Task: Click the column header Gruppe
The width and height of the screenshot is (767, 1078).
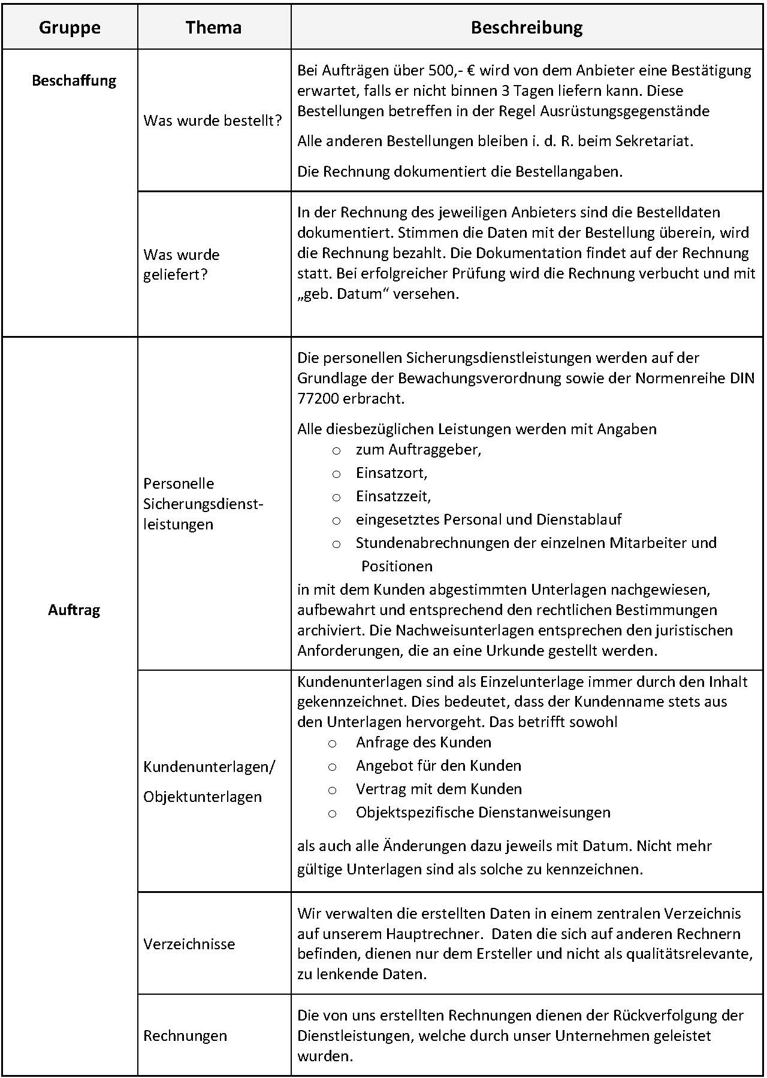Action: pos(70,28)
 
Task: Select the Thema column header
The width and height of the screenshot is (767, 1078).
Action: pos(213,28)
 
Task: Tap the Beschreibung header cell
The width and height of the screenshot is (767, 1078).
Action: pos(527,28)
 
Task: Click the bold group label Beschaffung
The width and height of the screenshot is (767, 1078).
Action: pos(74,81)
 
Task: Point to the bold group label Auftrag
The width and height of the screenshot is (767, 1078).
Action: pos(74,610)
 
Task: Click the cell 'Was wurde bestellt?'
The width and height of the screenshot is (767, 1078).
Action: pos(213,120)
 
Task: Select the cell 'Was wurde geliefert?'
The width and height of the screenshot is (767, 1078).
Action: pos(182,265)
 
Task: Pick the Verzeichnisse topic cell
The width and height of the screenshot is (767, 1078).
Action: pos(189,944)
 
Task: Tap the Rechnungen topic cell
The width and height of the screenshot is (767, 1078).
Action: pos(185,1035)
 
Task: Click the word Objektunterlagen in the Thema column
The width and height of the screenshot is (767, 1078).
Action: pos(203,797)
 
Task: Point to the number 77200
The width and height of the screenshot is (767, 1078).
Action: pos(318,398)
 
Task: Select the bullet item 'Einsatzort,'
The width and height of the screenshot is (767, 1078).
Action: pos(391,473)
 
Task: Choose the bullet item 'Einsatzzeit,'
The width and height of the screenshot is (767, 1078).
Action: pos(393,496)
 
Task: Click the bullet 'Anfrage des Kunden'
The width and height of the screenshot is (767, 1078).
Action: pos(424,742)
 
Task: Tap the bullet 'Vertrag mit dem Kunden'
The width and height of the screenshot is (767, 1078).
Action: pos(439,789)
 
